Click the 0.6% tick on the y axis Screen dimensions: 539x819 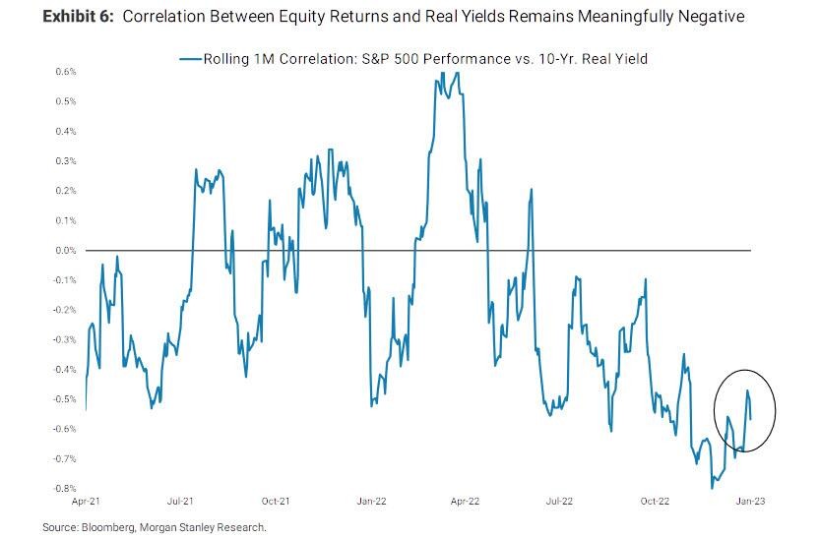tap(65, 71)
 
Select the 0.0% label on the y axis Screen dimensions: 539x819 tap(65, 250)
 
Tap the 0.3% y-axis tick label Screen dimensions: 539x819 tap(65, 160)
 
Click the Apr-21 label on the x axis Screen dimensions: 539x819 tap(86, 501)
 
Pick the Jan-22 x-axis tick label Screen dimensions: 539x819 tap(370, 501)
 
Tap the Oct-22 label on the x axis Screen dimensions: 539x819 tap(656, 501)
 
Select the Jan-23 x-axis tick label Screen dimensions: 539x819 tap(751, 501)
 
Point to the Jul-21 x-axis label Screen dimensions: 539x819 tap(180, 501)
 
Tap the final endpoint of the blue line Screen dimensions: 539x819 tap(752, 419)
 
